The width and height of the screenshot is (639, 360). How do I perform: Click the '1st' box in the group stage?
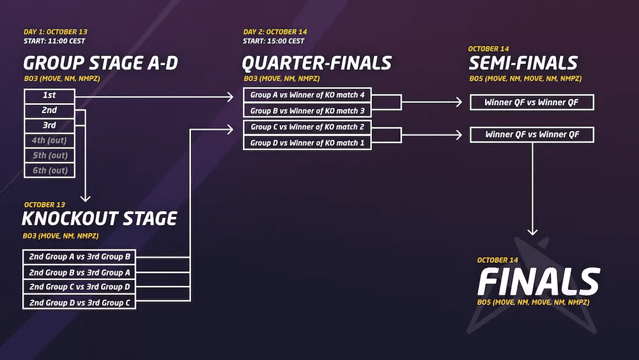[49, 95]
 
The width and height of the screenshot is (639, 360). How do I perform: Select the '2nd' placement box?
[49, 111]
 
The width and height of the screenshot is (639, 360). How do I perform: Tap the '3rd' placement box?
[49, 125]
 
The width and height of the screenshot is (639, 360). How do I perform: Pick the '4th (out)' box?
[49, 141]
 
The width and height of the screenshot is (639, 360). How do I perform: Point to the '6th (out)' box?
[49, 170]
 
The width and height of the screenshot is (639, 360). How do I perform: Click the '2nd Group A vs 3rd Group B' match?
[79, 257]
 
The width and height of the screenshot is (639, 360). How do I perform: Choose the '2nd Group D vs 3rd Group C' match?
[79, 302]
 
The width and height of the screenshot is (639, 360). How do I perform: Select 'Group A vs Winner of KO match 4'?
[307, 95]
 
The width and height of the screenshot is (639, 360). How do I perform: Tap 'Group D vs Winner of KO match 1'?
[307, 143]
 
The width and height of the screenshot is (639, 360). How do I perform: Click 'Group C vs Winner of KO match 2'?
[307, 127]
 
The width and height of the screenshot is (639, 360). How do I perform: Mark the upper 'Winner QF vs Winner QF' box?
[532, 102]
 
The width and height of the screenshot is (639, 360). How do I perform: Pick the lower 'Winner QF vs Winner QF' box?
[532, 135]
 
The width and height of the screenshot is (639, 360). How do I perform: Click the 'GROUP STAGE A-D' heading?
[100, 63]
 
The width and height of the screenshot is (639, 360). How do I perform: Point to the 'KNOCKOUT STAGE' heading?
[99, 219]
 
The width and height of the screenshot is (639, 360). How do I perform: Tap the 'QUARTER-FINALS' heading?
[316, 63]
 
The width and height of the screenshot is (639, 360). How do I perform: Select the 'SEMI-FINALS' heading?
[523, 63]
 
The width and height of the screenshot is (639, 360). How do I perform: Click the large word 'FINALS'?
[538, 281]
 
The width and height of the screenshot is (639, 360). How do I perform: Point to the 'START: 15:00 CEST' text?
[273, 42]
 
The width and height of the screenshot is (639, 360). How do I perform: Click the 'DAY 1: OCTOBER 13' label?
[56, 32]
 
